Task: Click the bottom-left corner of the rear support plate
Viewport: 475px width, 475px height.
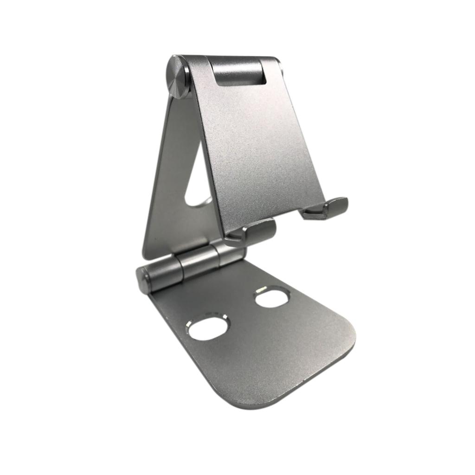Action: point(145,256)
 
